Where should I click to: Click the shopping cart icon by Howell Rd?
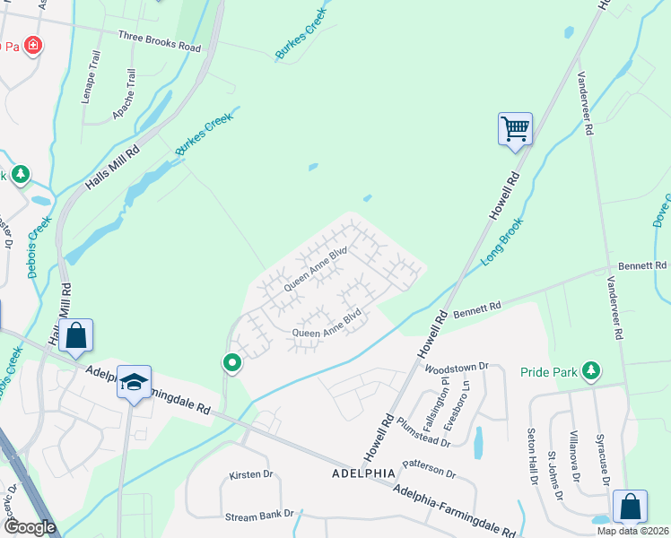coord(516,128)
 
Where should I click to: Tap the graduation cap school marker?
coord(134,382)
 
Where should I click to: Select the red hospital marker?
coord(32,45)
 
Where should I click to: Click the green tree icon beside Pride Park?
coord(590,369)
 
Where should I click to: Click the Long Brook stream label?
coord(502,244)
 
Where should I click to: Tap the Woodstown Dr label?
coord(456,367)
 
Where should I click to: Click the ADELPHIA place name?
coord(363,473)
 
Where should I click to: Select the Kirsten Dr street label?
coord(250,474)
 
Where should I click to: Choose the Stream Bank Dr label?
coord(259,515)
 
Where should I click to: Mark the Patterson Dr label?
coord(430,469)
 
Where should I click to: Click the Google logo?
coord(30,527)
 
